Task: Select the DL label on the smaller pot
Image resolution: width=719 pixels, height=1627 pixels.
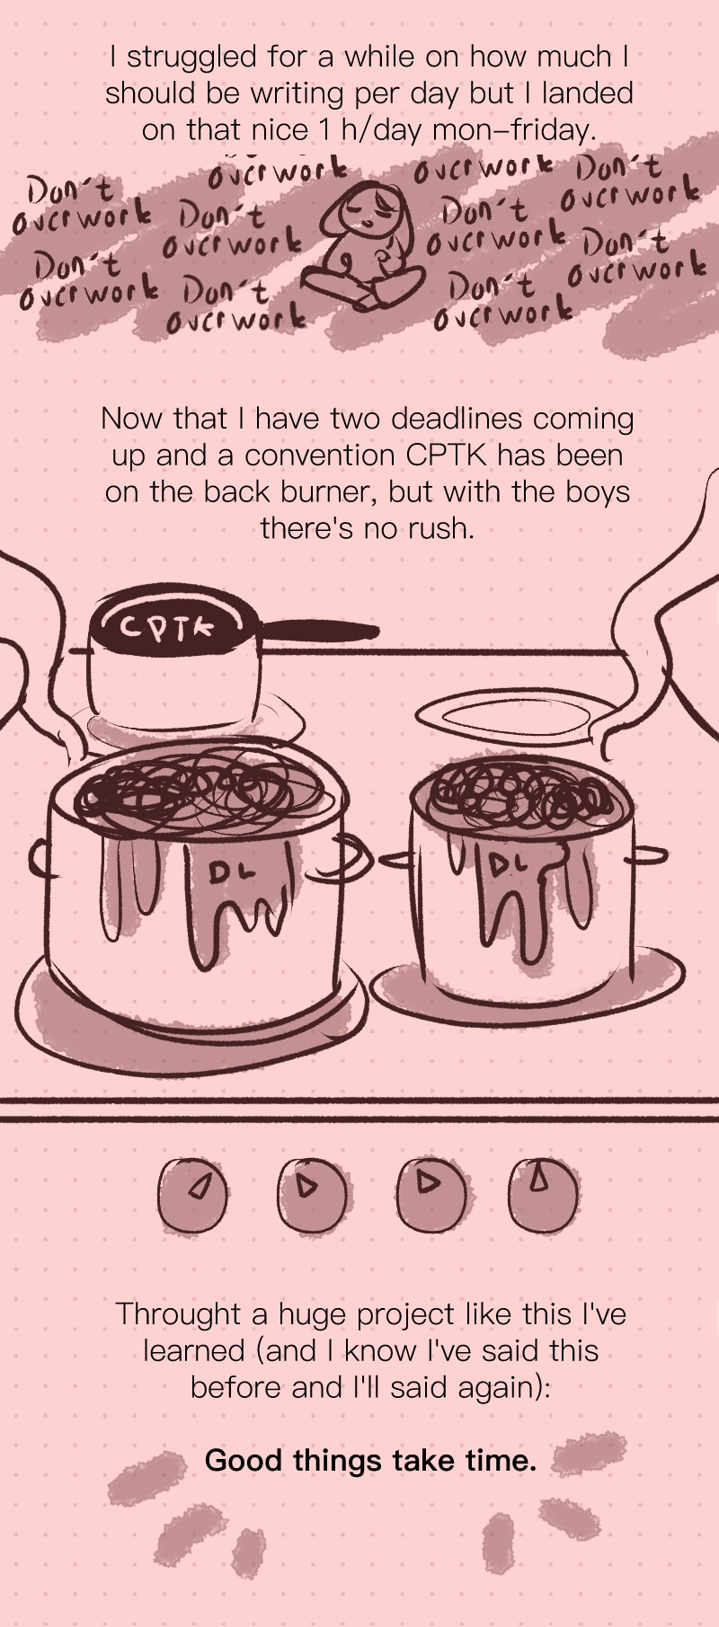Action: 505,864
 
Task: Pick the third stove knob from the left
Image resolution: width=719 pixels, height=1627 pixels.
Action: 431,1189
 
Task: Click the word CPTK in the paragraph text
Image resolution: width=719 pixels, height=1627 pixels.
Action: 447,455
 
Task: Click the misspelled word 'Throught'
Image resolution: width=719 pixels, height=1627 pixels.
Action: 178,1315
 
